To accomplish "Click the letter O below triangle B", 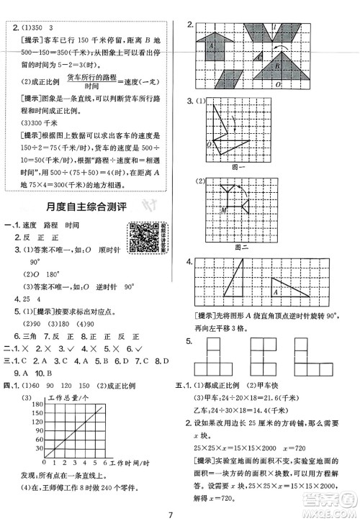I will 298,84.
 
